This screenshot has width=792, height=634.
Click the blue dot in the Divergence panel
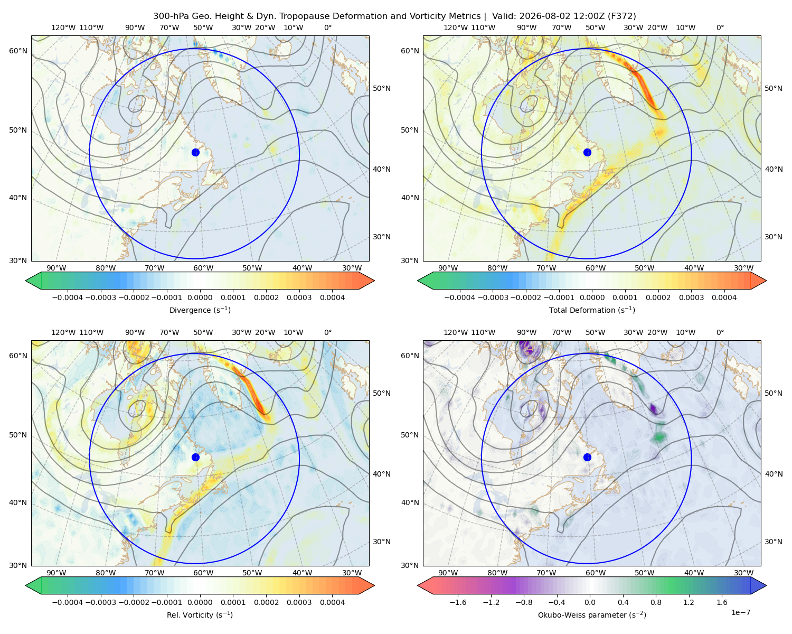tap(195, 153)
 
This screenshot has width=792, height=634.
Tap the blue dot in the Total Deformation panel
tap(587, 153)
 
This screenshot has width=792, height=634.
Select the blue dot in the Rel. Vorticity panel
tap(195, 457)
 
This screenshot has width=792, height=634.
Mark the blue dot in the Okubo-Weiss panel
tap(587, 457)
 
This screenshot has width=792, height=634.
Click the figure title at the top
tap(394, 16)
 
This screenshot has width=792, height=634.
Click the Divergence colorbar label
tap(200, 310)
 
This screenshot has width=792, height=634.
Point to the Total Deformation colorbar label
tap(592, 310)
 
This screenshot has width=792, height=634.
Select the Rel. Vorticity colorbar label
tap(200, 615)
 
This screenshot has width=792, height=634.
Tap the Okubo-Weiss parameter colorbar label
tap(592, 615)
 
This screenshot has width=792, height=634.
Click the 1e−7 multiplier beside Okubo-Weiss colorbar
tap(740, 613)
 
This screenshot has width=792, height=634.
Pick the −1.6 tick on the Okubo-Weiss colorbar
tap(458, 602)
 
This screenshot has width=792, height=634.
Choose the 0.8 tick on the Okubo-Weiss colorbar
tap(656, 602)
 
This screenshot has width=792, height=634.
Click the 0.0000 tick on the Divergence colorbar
tap(200, 297)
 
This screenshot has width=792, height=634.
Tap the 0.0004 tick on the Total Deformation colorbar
tap(724, 297)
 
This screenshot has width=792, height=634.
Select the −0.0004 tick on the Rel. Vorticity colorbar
tap(68, 602)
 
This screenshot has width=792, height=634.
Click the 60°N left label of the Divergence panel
tap(18, 51)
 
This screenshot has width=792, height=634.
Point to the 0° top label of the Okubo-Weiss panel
tap(720, 332)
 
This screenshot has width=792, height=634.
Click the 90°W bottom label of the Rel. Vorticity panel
tap(56, 573)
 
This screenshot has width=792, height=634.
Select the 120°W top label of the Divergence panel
tap(63, 27)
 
